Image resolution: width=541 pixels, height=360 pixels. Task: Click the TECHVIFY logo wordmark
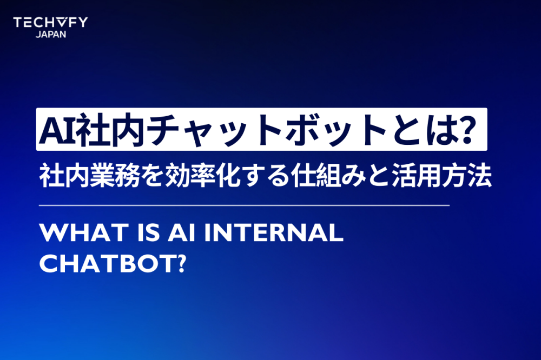click(50, 22)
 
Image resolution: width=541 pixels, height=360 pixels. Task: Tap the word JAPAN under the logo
click(51, 34)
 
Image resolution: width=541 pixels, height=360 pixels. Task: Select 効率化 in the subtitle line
click(203, 177)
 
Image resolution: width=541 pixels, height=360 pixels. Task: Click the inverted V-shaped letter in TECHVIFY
click(61, 22)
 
